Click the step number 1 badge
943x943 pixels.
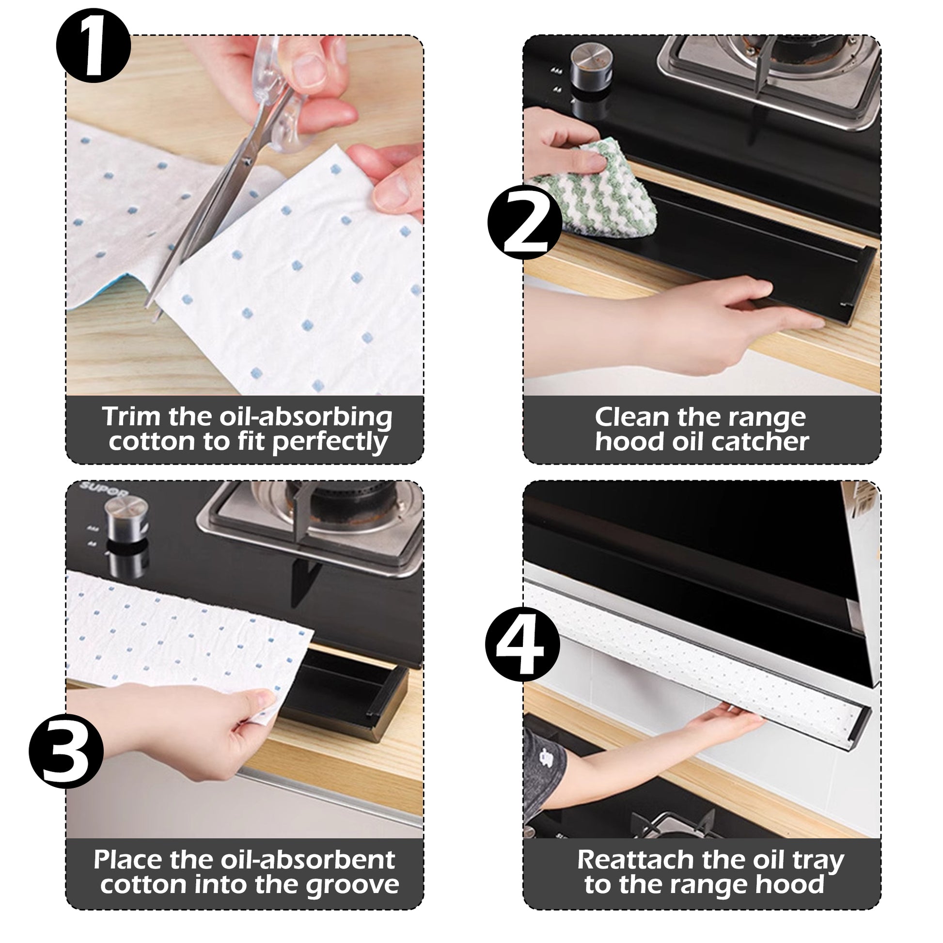click(93, 46)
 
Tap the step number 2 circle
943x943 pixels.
click(525, 222)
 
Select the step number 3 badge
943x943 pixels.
click(67, 751)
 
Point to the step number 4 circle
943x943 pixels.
click(523, 644)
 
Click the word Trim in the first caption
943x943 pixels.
click(131, 417)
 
